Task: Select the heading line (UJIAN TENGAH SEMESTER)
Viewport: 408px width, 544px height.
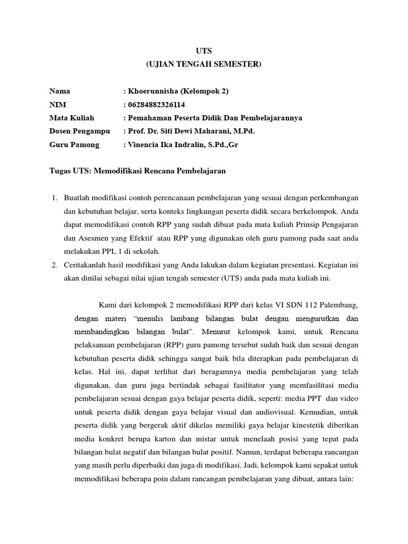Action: [204, 64]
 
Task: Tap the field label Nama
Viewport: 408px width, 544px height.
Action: [59, 91]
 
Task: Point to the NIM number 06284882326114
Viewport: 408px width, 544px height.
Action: [158, 105]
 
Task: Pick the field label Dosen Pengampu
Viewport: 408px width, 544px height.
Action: [79, 131]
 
